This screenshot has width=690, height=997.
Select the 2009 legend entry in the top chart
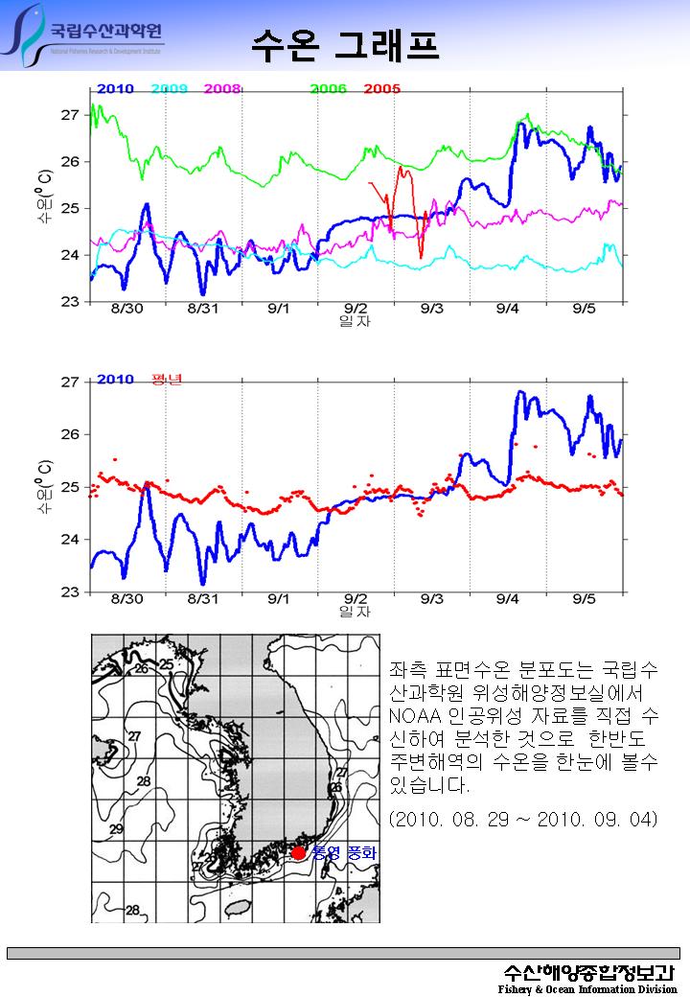[x=169, y=88]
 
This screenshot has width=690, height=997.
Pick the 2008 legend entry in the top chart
[x=221, y=88]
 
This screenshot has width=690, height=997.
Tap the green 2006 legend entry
[x=328, y=88]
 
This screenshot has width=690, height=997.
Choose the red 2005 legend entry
[x=381, y=88]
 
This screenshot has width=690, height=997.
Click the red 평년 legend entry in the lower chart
[x=167, y=379]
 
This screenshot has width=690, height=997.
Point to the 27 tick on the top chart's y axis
[x=69, y=115]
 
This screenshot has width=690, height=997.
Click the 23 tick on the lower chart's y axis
[x=69, y=592]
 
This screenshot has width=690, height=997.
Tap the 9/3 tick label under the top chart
[x=431, y=309]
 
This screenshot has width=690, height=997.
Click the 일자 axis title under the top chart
[x=355, y=321]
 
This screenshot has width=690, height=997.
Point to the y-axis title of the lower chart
[x=44, y=487]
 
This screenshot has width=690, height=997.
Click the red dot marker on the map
[x=299, y=852]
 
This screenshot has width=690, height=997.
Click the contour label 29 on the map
[x=116, y=828]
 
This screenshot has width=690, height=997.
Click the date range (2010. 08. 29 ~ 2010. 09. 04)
[x=522, y=821]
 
